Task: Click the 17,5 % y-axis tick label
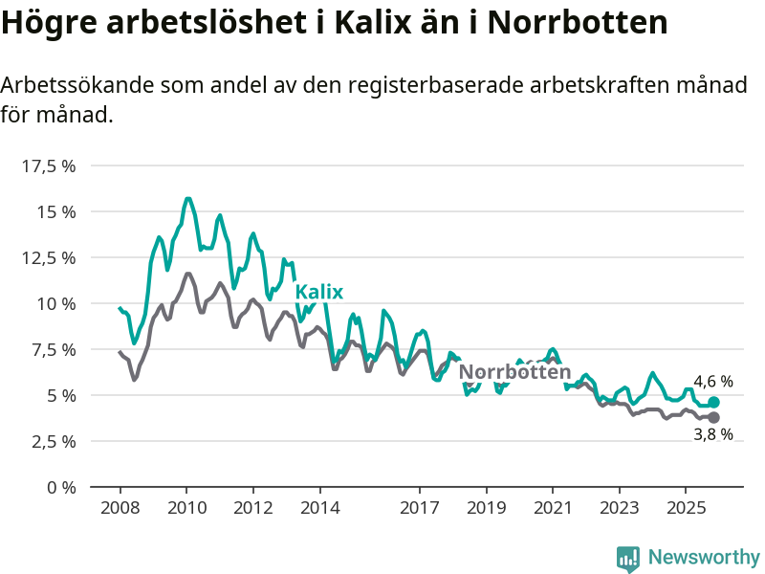48,166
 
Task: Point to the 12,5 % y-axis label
48,257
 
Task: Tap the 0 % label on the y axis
59,487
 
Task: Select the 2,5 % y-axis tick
52,441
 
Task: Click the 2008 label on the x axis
119,506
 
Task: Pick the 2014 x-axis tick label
319,506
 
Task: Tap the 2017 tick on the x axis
419,506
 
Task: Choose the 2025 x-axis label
686,506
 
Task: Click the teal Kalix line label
318,293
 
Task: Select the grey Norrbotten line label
514,372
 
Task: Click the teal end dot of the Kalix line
713,403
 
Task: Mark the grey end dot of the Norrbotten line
713,417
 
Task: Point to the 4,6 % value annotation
713,382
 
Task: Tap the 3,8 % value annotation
713,435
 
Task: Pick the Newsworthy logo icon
628,559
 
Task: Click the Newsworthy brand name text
704,557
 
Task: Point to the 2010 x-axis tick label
186,506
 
